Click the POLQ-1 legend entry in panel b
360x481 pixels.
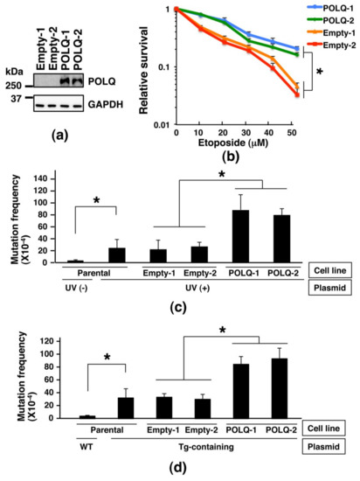pos(336,9)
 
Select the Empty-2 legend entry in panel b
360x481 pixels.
pos(336,45)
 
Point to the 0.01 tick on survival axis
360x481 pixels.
pos(161,128)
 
